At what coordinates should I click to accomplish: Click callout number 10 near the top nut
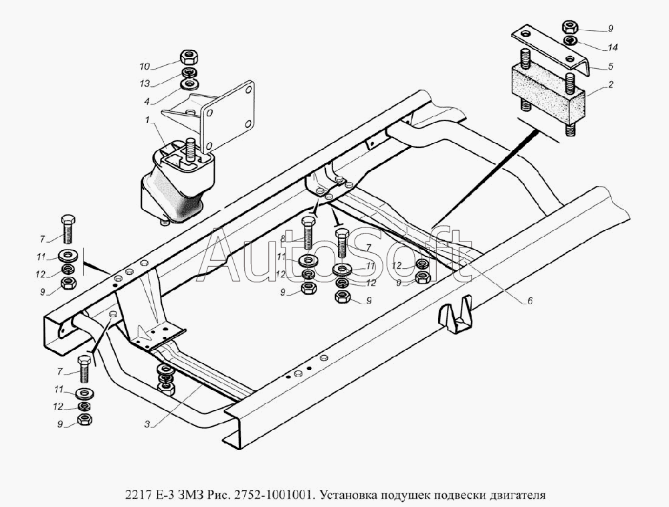[x=145, y=66]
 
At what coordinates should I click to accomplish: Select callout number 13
[x=145, y=84]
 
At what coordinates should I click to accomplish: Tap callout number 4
[x=147, y=102]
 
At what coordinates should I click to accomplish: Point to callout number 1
[x=148, y=120]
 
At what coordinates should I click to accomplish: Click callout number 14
[x=612, y=47]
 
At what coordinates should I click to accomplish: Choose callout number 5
[x=611, y=66]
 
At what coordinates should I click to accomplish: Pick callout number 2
[x=611, y=84]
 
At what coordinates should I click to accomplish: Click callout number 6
[x=530, y=300]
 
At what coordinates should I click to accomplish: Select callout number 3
[x=147, y=424]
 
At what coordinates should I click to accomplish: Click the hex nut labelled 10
[x=188, y=56]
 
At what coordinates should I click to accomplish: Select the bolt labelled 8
[x=308, y=233]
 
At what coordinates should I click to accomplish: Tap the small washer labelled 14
[x=571, y=41]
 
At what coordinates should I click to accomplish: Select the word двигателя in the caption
[x=520, y=495]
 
